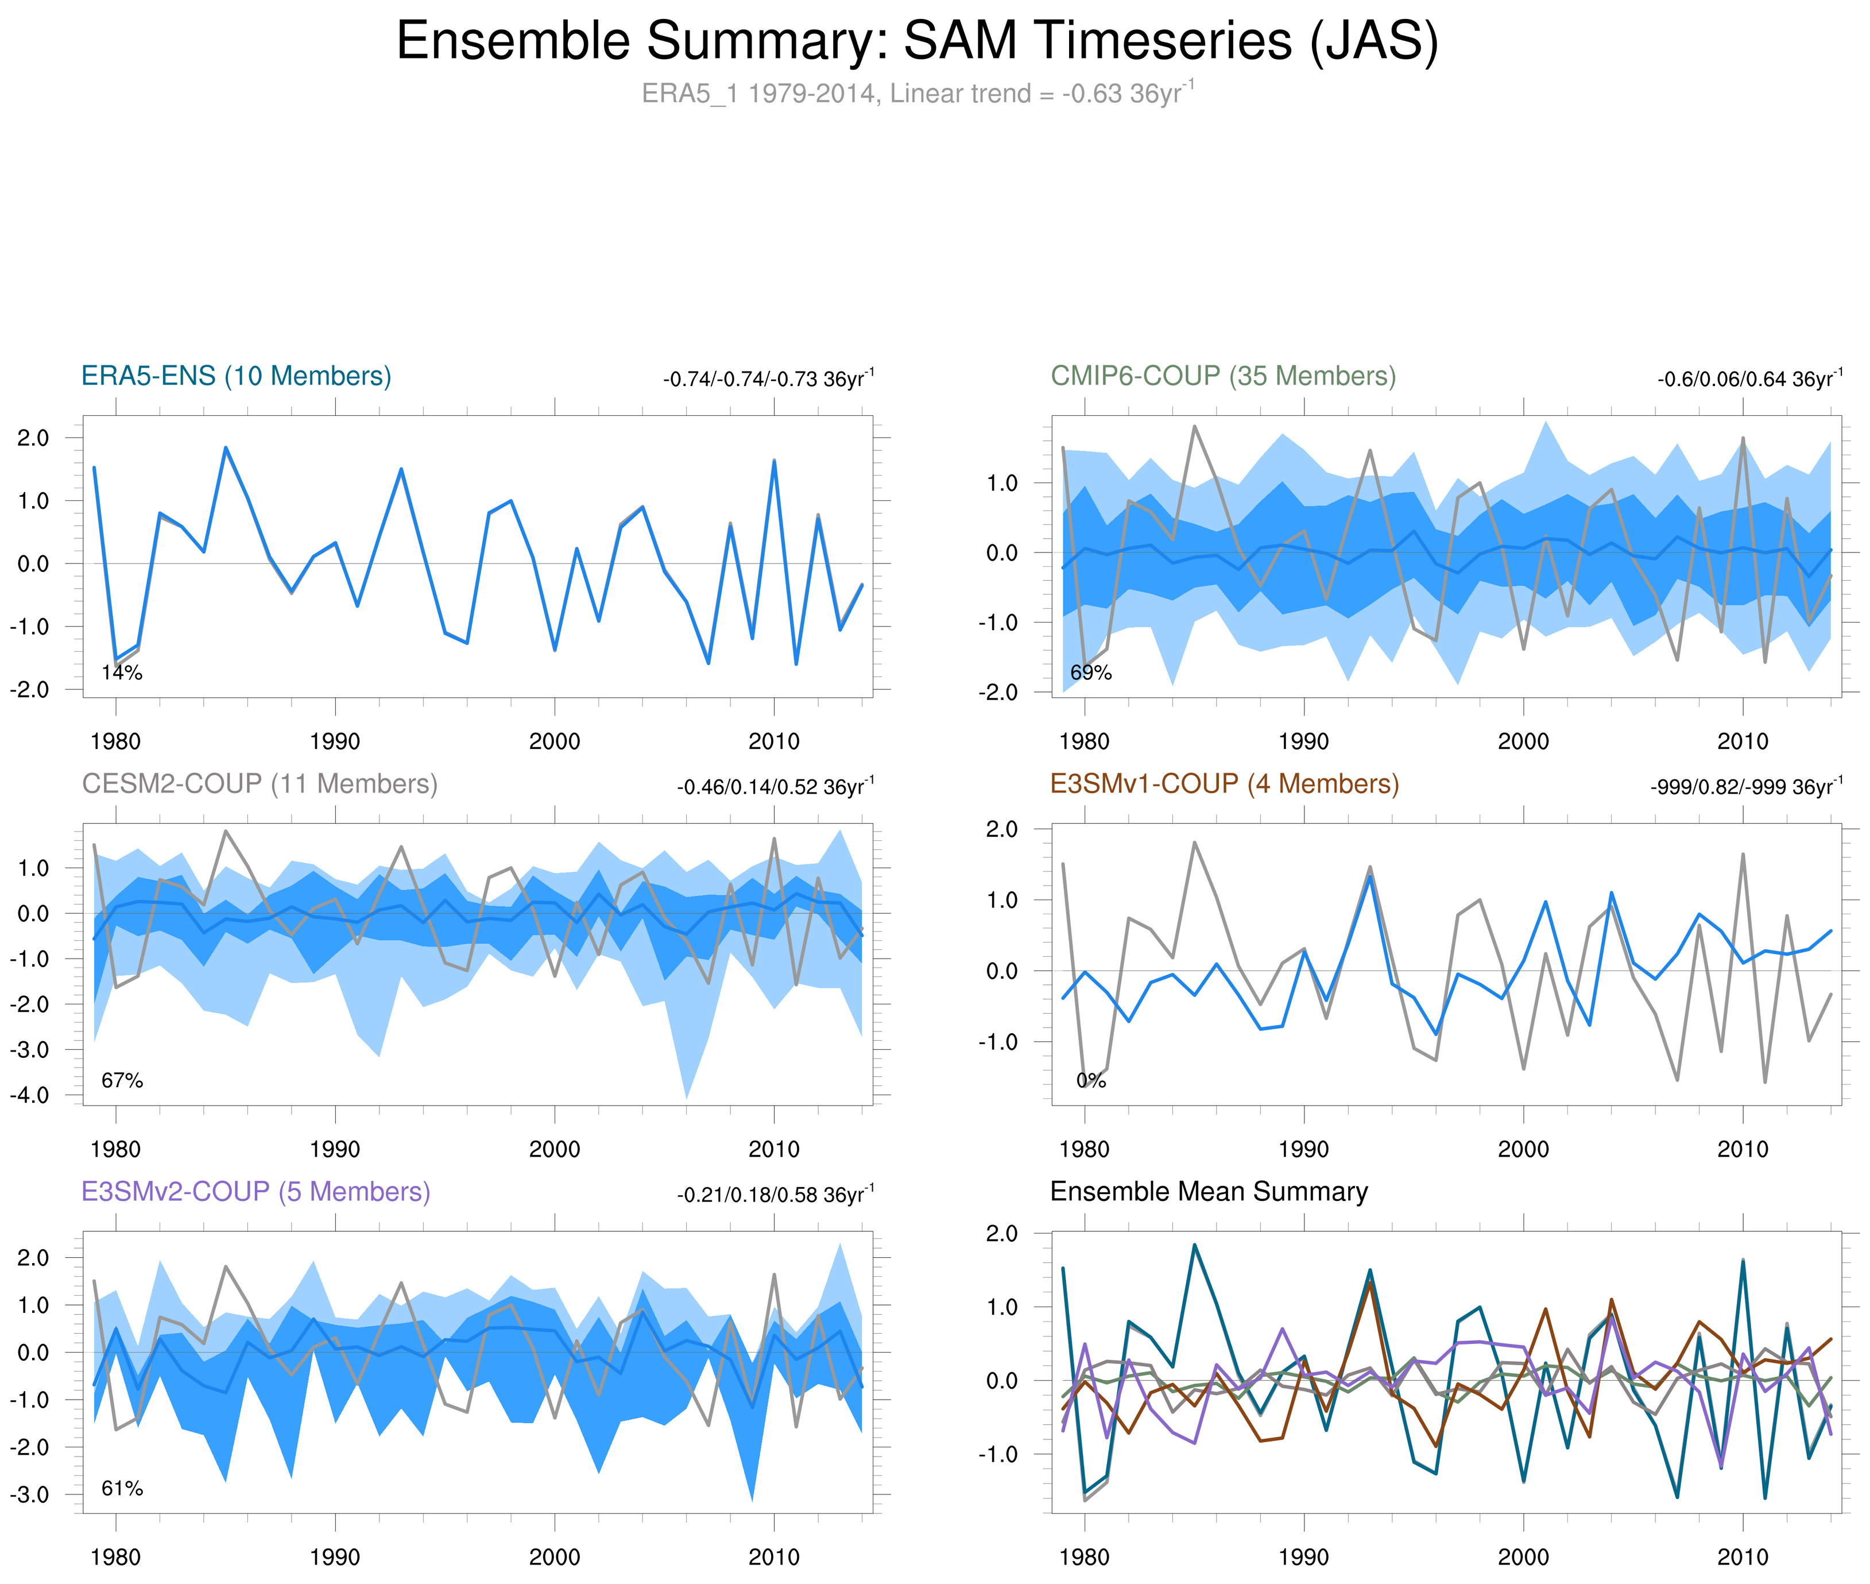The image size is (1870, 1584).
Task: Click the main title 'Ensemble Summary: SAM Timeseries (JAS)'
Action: (916, 41)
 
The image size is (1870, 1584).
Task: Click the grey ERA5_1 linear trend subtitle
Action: (916, 94)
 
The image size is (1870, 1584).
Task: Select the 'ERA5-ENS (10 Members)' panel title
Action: (236, 376)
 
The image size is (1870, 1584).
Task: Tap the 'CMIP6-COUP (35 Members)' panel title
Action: (1223, 376)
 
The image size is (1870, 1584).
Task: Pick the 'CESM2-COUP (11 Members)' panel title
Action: (260, 784)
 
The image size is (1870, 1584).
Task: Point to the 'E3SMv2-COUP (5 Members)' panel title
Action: (256, 1192)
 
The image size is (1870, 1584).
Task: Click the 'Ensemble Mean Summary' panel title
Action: (1209, 1192)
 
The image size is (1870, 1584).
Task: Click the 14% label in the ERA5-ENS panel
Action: (122, 673)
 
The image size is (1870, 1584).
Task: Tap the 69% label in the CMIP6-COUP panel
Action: (1091, 673)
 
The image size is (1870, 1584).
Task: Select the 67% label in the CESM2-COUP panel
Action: (122, 1080)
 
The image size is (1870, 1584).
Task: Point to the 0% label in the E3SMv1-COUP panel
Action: (1091, 1080)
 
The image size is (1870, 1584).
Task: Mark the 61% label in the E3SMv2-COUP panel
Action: (122, 1488)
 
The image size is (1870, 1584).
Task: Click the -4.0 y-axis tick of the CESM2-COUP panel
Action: (30, 1095)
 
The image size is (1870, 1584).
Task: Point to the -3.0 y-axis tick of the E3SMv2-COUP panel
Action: (30, 1495)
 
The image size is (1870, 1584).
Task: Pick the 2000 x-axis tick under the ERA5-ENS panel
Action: (554, 741)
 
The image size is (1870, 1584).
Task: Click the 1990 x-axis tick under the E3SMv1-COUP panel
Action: (1303, 1149)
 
